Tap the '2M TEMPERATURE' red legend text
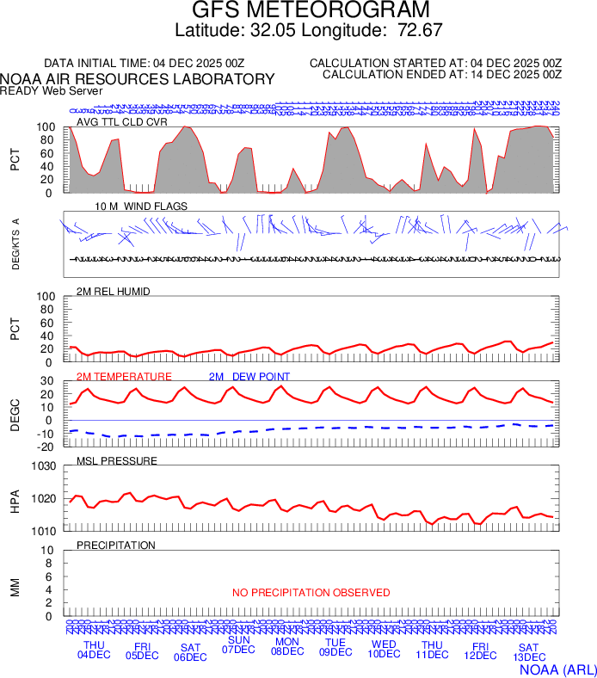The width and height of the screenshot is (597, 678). [x=124, y=377]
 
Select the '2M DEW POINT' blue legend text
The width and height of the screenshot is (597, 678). [x=249, y=377]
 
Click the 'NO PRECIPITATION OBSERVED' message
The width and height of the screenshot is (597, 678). [x=311, y=593]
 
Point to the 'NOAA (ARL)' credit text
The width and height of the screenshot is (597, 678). [x=557, y=668]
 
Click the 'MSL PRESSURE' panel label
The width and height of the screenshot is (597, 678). [x=117, y=461]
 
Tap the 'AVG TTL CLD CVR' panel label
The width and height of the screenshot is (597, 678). [x=121, y=122]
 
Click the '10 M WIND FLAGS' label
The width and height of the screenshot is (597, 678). [x=141, y=206]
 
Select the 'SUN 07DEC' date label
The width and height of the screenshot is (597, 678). [x=238, y=644]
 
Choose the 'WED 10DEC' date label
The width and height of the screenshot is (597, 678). [x=384, y=650]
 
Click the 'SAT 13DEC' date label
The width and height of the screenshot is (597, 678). [x=528, y=652]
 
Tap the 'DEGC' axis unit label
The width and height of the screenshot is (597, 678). [x=15, y=414]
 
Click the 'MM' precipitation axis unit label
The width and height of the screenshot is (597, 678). [x=15, y=585]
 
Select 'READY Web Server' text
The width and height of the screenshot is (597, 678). [x=51, y=90]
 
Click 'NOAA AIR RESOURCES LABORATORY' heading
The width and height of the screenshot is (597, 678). [x=138, y=79]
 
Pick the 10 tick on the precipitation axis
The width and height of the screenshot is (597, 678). [x=49, y=551]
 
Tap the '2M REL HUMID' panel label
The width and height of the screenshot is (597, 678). [x=114, y=292]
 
